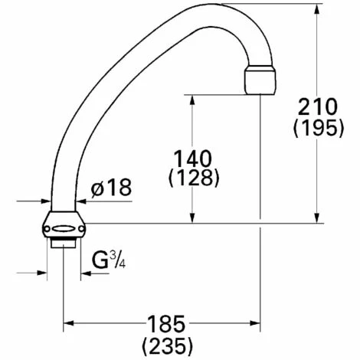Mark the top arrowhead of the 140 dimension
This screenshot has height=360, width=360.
(191, 99)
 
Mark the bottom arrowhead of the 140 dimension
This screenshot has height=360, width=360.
(191, 219)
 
